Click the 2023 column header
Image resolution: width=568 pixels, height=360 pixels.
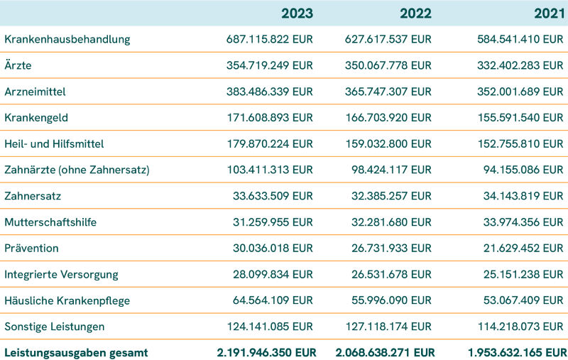[297, 13]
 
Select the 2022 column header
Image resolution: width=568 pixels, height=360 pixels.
[415, 13]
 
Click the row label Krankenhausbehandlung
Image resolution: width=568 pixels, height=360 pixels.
[67, 40]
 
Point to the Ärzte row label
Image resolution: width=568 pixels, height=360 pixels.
[18, 66]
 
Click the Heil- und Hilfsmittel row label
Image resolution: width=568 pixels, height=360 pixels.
[54, 144]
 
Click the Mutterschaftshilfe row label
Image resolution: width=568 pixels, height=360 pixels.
[50, 222]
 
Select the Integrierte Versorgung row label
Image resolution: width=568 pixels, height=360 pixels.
[61, 275]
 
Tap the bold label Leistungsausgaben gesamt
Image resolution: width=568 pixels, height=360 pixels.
[76, 353]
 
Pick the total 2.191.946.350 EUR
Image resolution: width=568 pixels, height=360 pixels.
[265, 353]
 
